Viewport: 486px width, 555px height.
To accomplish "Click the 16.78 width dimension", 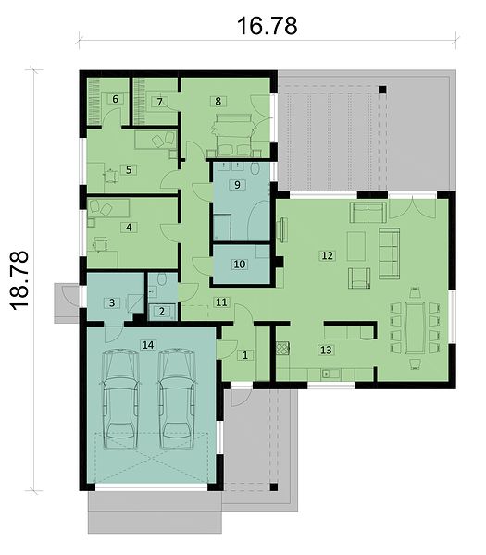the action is click(x=268, y=26).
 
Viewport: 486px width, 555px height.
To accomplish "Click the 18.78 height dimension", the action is click(x=19, y=280).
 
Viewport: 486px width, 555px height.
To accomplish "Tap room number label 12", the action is click(x=327, y=255).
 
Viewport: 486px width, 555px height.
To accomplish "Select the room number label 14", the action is click(x=148, y=345).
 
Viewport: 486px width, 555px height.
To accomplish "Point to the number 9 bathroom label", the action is click(x=237, y=184).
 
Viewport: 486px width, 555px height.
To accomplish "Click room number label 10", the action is click(x=240, y=264).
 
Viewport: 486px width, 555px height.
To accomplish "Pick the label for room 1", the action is click(x=245, y=354).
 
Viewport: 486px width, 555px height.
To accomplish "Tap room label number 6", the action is click(x=115, y=99).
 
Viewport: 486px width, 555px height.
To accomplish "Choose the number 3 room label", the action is click(x=112, y=302).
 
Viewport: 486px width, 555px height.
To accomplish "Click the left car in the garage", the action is click(x=120, y=400).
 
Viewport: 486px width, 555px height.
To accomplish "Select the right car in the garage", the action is click(x=177, y=400).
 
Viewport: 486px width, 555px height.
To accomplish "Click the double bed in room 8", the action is click(x=233, y=135).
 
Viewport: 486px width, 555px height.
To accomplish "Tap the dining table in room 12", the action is click(x=415, y=327).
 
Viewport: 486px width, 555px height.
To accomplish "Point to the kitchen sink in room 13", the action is click(x=330, y=374).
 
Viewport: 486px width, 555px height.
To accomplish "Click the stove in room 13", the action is click(x=283, y=348).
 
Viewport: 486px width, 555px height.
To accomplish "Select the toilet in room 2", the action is click(x=162, y=279).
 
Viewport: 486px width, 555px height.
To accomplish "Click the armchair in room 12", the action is click(x=359, y=278).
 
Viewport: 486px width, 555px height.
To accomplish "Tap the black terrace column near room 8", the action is click(x=381, y=90).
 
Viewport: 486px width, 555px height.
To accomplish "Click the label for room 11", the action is click(x=221, y=302).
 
